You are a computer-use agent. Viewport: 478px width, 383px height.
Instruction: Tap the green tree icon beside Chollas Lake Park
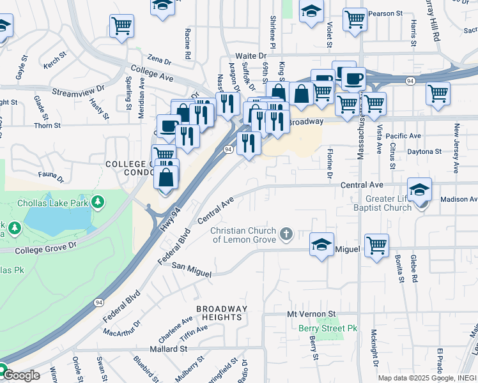[97, 203]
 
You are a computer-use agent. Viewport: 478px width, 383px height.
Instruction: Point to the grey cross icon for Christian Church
[286, 234]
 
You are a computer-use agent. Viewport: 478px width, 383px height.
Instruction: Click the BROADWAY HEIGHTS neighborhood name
[220, 313]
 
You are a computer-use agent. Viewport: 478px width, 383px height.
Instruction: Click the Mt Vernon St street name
[311, 315]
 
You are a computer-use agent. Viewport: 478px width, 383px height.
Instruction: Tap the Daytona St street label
[424, 151]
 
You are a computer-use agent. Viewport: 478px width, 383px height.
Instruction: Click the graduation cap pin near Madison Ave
[419, 189]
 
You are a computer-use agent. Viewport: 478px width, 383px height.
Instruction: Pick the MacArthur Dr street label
[121, 330]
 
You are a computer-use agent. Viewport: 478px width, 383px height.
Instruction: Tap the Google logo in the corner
[20, 375]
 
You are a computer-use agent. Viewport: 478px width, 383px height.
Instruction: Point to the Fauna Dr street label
[51, 176]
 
